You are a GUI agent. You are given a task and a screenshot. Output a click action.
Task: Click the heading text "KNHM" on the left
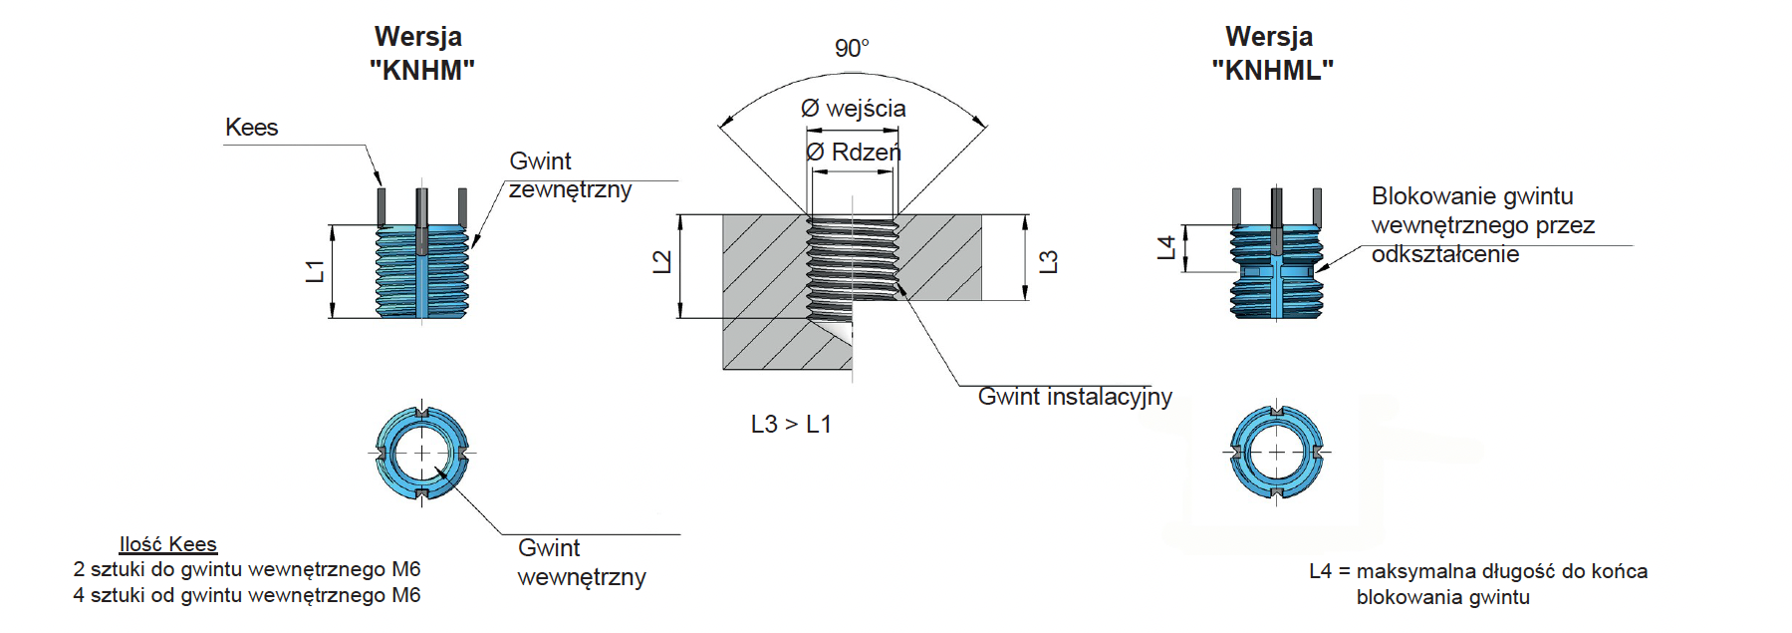421,71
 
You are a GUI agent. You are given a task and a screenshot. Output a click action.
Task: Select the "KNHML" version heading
1272,71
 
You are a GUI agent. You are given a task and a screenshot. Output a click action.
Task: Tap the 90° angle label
852,48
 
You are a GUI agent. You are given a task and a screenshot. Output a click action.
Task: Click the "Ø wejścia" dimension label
854,109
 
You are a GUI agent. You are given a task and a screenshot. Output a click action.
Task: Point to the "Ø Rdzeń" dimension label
853,152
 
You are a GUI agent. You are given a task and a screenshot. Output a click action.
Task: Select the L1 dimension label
315,271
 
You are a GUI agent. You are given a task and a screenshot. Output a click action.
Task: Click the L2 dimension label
661,262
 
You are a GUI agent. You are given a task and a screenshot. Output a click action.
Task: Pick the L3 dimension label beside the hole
1048,262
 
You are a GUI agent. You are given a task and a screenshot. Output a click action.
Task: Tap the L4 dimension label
1166,247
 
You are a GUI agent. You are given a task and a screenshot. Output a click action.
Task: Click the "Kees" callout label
251,128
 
